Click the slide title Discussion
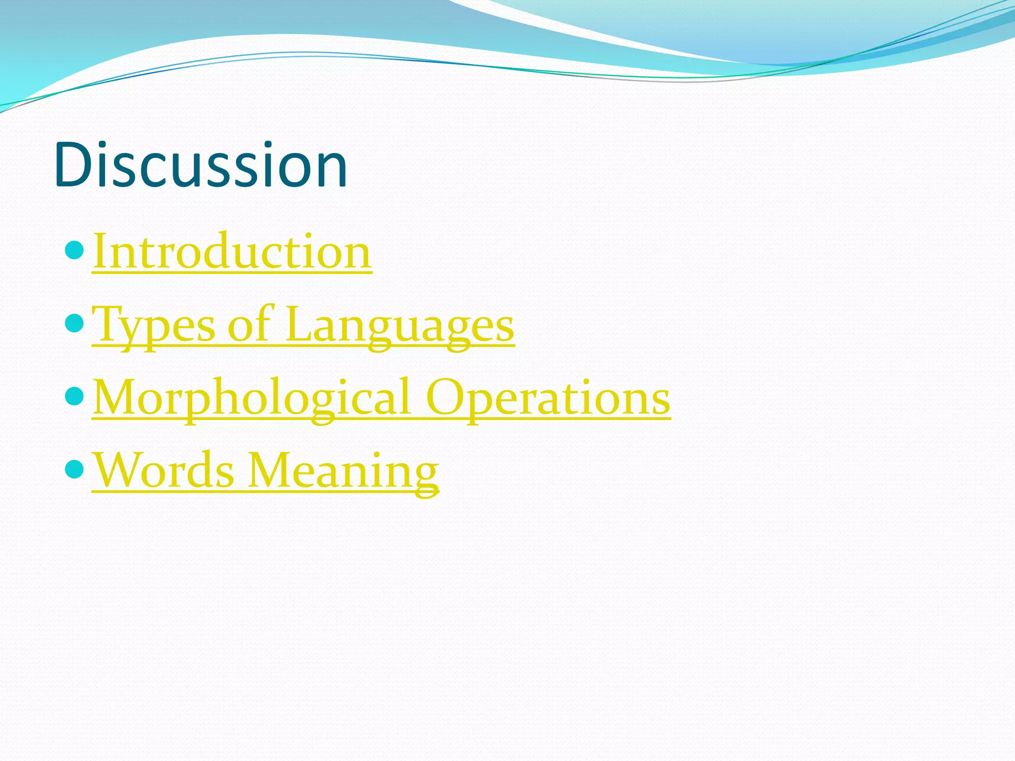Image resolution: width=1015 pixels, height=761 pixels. [201, 164]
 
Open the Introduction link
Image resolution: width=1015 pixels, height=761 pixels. [232, 252]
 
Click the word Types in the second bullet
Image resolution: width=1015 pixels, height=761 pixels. [154, 325]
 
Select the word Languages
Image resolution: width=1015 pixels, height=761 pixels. [400, 325]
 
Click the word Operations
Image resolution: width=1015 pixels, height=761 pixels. [548, 398]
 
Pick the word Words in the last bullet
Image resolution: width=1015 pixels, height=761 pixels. [164, 470]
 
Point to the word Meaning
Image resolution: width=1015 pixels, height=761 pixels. [343, 470]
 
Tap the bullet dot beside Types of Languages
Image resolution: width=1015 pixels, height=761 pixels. [75, 324]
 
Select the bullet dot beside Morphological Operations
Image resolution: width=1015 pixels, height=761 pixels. [75, 396]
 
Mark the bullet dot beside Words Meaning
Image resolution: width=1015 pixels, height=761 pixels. [75, 469]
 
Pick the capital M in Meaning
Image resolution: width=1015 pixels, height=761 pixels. [270, 470]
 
